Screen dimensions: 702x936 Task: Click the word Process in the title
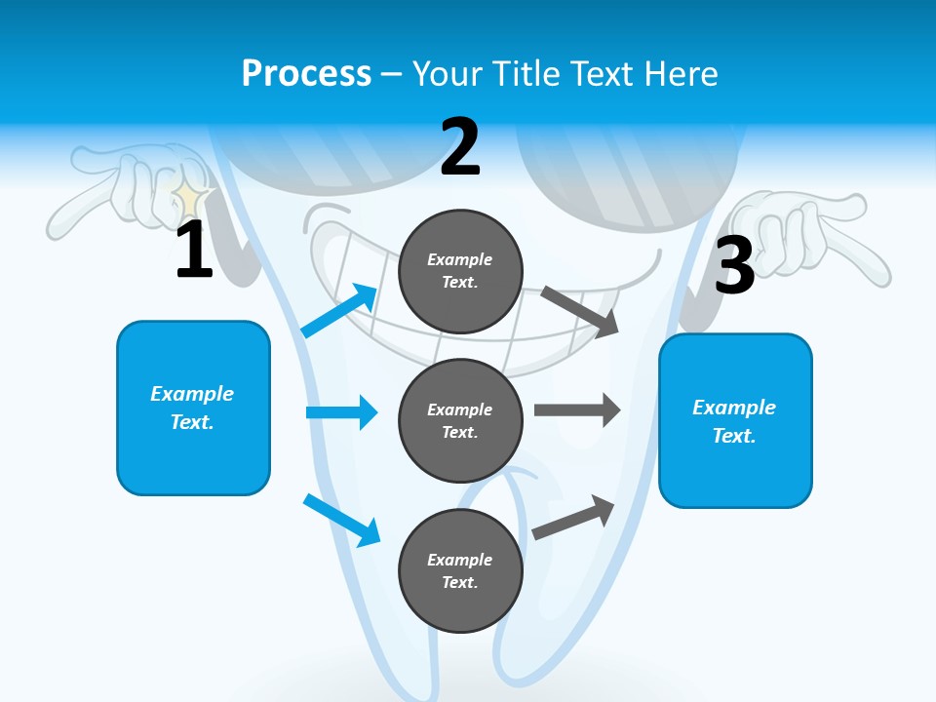(x=306, y=73)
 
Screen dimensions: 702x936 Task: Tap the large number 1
(x=194, y=251)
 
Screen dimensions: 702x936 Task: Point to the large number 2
(x=460, y=147)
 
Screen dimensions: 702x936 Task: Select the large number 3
(x=734, y=266)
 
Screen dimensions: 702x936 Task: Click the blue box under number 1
(x=193, y=408)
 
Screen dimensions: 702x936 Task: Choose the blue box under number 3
(x=735, y=420)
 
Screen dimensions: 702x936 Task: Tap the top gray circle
(x=460, y=270)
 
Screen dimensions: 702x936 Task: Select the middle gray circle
(x=460, y=420)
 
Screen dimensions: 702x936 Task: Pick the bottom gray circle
(x=460, y=570)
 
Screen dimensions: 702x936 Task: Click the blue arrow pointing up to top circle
(x=340, y=310)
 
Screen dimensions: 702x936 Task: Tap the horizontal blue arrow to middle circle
(x=341, y=412)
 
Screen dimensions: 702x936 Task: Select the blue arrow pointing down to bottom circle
(x=342, y=520)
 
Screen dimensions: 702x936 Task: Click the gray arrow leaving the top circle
(x=580, y=311)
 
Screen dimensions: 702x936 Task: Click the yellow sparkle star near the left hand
(x=189, y=199)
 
